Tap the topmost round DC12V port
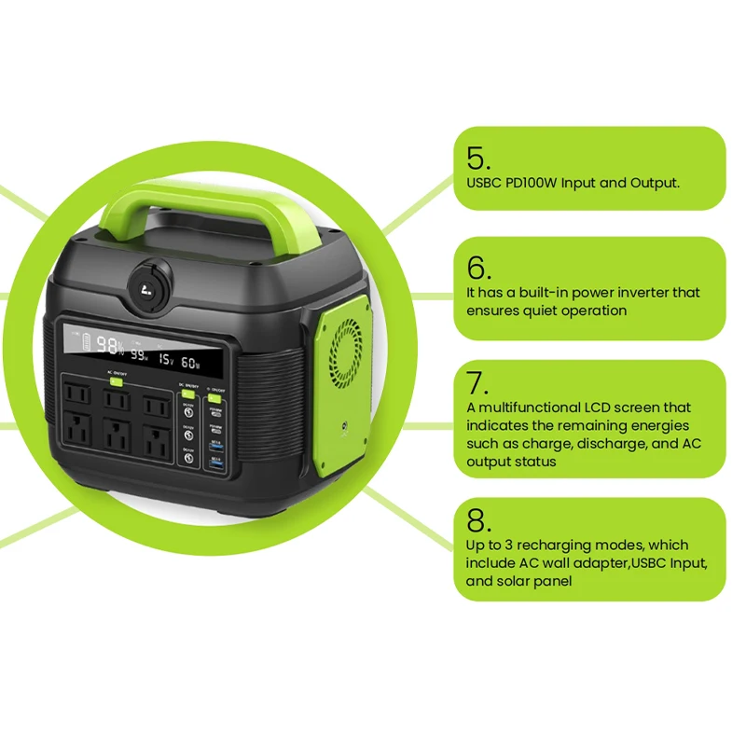pos(187,413)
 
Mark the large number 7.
pos(477,382)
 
